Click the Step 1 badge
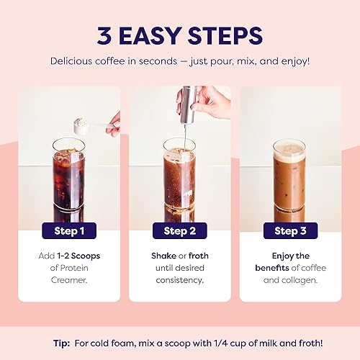[x=69, y=231]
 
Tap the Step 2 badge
[x=179, y=231]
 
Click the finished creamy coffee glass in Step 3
[x=289, y=180]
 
